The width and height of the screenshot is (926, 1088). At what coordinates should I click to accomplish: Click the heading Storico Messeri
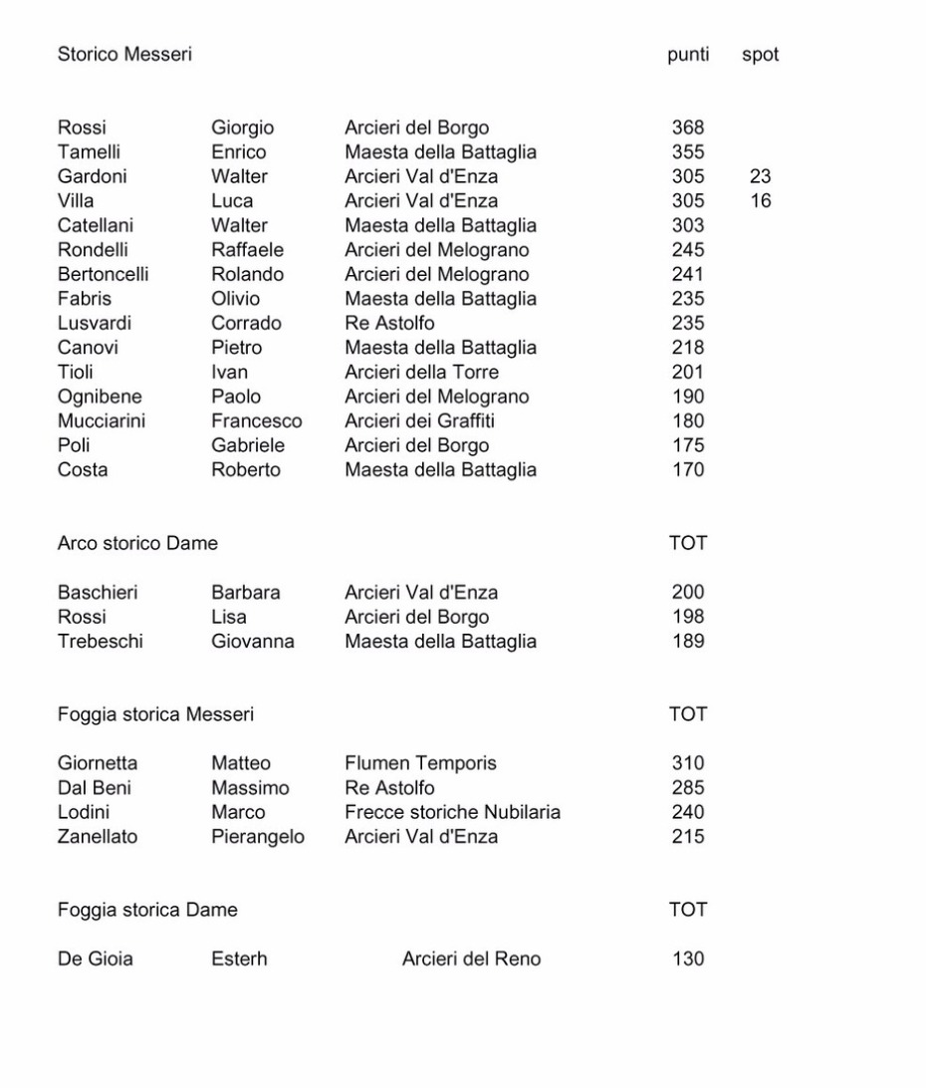(124, 56)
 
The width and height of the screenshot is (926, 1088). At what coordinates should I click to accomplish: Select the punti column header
(688, 56)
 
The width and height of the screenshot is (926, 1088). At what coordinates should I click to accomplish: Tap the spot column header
(760, 56)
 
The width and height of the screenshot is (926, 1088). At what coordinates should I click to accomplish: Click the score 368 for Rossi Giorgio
(688, 129)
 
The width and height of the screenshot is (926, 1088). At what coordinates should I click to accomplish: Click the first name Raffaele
(247, 250)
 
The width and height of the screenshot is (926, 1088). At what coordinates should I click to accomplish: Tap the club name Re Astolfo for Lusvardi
(389, 324)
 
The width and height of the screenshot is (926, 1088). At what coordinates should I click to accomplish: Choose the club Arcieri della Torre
(423, 373)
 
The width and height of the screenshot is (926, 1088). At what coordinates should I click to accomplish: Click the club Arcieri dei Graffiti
(419, 421)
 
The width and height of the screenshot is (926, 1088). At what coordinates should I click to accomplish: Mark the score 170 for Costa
(688, 470)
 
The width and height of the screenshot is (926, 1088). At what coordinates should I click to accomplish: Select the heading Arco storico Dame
(137, 544)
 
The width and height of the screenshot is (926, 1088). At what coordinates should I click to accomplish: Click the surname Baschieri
(98, 593)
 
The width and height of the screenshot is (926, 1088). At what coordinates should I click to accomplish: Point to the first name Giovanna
(253, 642)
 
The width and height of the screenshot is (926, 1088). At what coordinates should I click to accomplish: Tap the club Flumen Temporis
(420, 764)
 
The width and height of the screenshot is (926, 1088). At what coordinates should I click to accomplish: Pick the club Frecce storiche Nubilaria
(452, 813)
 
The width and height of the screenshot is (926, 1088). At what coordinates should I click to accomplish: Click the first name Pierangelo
(258, 837)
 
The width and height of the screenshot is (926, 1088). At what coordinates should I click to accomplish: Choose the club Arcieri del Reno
(471, 959)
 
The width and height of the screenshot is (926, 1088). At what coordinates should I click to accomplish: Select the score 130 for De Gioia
(688, 959)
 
